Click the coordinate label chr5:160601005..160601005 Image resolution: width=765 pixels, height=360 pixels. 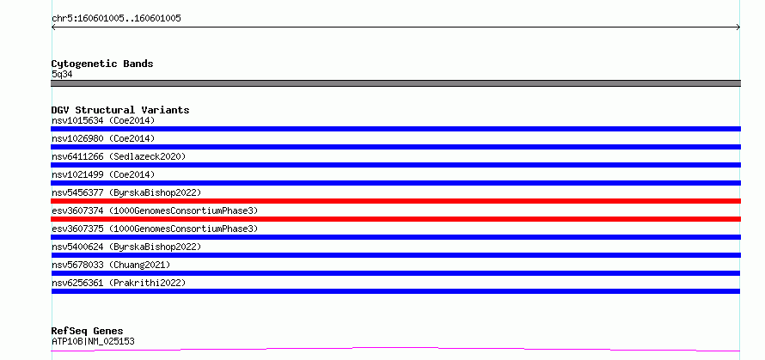[116, 19]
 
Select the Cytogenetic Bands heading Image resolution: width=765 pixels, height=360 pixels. [102, 64]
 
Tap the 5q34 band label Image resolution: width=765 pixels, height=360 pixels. [62, 75]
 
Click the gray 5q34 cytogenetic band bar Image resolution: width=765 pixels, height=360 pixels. [395, 83]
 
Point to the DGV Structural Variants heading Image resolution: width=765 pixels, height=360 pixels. [120, 110]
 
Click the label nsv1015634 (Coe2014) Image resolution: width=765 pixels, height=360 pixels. [103, 120]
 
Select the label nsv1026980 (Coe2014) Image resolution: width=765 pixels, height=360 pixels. [103, 138]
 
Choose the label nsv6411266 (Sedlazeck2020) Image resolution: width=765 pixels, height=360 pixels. [119, 156]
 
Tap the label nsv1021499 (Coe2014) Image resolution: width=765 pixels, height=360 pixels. [103, 174]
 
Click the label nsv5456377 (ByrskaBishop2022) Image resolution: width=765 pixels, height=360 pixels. [126, 192]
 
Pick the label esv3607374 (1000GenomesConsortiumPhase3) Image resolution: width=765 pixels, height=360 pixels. [155, 211]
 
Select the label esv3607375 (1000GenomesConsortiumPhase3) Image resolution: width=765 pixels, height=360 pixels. [155, 229]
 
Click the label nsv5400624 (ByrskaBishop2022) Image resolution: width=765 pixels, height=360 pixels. [126, 247]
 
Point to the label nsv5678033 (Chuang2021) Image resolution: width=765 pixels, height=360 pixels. [111, 265]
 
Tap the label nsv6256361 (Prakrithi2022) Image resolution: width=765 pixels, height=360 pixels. [119, 283]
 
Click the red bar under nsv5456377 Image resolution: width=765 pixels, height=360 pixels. [395, 201]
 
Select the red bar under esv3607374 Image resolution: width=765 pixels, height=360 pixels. [395, 219]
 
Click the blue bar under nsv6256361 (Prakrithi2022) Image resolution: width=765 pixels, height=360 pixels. [395, 291]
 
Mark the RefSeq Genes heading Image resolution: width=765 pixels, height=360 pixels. [87, 332]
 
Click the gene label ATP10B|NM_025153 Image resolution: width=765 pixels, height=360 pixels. [93, 341]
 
